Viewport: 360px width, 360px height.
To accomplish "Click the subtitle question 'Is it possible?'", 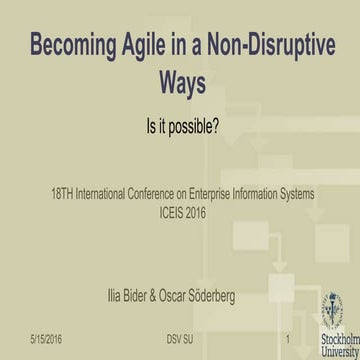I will click(x=181, y=128).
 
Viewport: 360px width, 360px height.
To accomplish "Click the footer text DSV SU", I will click(x=180, y=338).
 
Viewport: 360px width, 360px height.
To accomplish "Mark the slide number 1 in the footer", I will click(x=287, y=338).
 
